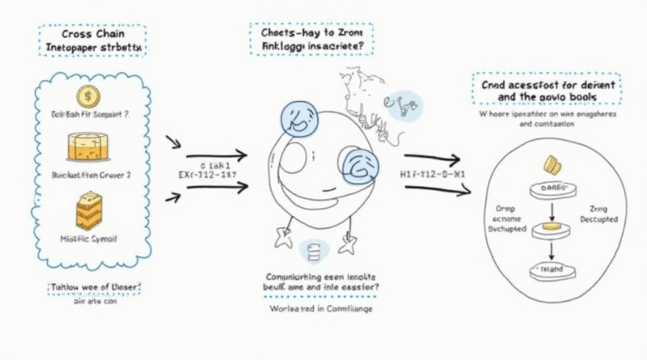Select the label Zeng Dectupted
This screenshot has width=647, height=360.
pyautogui.click(x=599, y=214)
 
